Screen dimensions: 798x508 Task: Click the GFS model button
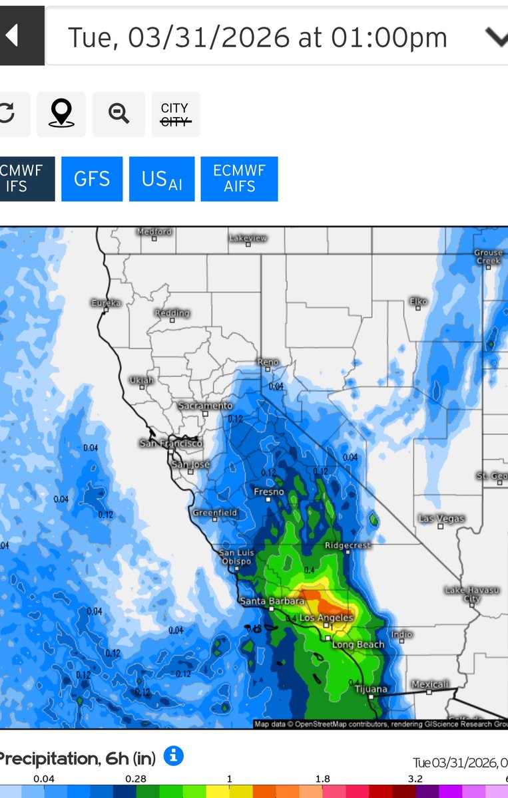coord(92,179)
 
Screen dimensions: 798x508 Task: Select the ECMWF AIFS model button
coord(239,179)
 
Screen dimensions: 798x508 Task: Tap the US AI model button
coord(162,179)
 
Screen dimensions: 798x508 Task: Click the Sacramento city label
coord(205,406)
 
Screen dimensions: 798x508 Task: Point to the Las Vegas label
coord(441,518)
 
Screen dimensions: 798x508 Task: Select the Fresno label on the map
coord(269,492)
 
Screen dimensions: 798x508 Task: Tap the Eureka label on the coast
coord(106,303)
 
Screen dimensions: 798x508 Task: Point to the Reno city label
coord(268,362)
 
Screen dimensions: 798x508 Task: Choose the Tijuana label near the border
coord(371,689)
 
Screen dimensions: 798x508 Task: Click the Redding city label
coord(172,313)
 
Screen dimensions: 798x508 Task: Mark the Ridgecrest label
coord(347,545)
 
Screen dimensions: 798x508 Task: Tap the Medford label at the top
coord(154,231)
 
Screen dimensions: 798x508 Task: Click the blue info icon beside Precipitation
coord(173,755)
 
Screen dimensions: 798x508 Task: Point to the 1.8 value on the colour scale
coord(322,779)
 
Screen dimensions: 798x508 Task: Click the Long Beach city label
coord(358,644)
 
